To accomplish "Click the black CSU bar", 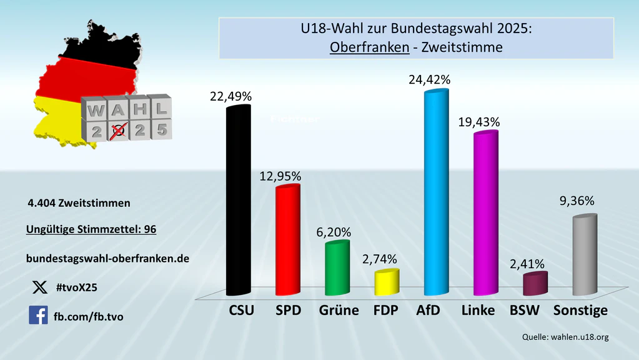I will coord(238,200).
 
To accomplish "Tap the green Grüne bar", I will coord(337,267).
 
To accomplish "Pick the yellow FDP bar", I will coord(387,282).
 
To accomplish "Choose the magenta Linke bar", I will coord(485,213).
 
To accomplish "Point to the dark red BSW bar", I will coord(535,284).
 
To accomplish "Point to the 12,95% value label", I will coord(280,176).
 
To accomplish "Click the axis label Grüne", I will coord(339,310).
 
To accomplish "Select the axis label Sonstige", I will coord(581,310).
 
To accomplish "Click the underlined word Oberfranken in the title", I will coord(368,47).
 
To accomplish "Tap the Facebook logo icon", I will coord(38,315).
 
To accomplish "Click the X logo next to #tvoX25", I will coord(39,287).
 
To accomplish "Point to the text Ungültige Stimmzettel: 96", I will coord(91,229).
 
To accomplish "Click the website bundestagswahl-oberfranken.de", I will coord(107,257).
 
